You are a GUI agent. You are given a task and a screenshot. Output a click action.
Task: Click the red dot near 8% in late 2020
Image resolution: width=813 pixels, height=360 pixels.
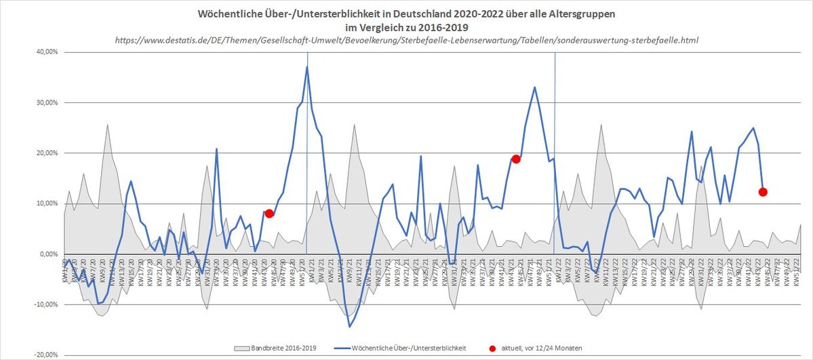269,214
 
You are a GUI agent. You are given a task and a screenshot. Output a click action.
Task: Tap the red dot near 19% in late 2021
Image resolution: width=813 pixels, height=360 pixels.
516,159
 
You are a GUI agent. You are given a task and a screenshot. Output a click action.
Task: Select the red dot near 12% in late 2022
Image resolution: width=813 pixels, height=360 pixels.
763,192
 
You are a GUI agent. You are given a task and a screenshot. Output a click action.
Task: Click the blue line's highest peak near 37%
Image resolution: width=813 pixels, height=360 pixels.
307,66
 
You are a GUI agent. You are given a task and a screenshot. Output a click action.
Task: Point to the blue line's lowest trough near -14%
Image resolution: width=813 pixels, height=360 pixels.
350,327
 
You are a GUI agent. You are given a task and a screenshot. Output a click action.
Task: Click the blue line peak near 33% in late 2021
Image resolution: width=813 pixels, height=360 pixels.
534,87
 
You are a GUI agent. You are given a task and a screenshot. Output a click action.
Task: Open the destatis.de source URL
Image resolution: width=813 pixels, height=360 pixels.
406,40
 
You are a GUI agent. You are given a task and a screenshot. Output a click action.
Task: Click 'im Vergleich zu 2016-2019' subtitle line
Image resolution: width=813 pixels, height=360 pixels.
407,26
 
